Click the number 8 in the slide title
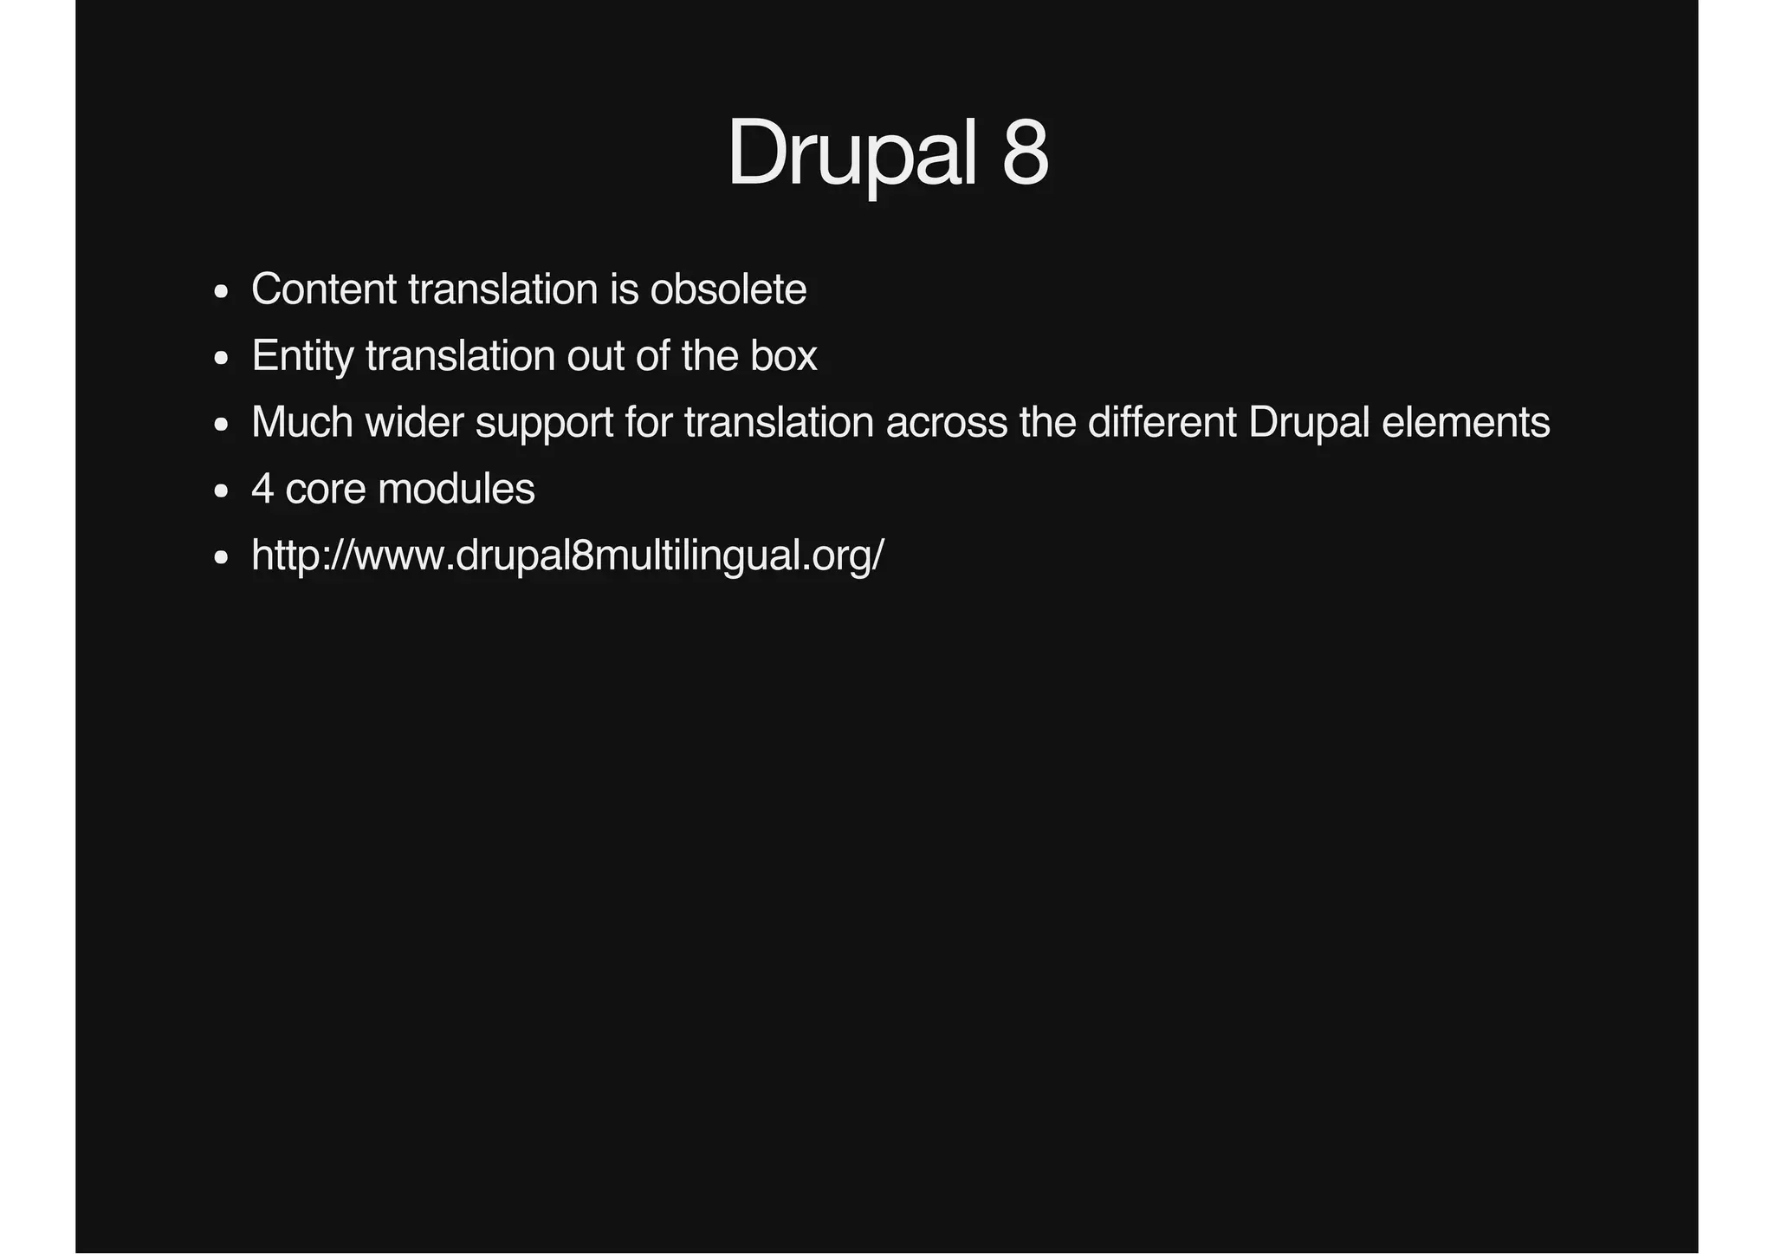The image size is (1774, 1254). [1025, 153]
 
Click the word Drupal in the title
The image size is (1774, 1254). [852, 153]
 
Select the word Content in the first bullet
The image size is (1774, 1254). [324, 289]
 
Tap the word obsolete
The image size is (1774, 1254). [728, 289]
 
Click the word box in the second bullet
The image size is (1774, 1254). [783, 356]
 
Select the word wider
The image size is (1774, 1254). [414, 423]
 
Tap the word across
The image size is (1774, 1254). [946, 423]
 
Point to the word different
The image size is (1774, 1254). [1162, 423]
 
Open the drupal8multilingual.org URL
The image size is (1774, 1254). [567, 556]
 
